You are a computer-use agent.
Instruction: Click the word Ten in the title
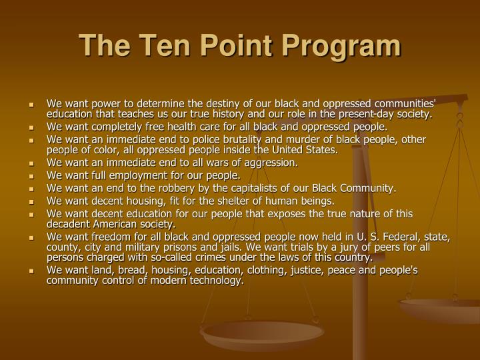(158, 46)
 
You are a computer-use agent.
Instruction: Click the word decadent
(70, 225)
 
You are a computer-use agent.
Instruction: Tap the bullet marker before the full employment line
(31, 176)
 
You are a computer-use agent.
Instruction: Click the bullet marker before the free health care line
(31, 127)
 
